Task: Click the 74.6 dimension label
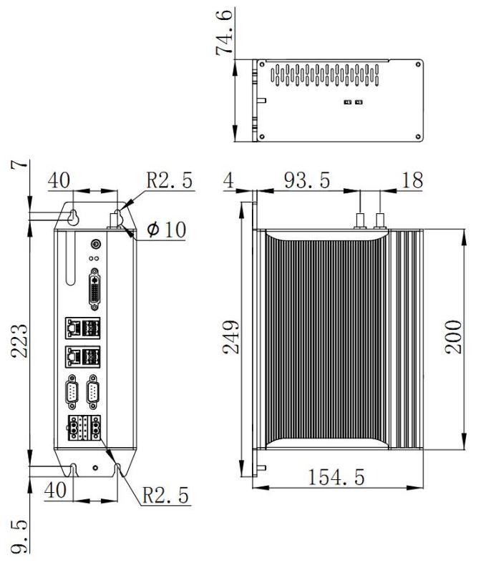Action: point(224,33)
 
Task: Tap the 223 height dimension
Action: point(19,341)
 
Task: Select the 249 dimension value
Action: point(230,337)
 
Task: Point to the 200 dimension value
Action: point(453,337)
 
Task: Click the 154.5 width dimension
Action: point(336,477)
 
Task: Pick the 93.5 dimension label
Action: point(307,180)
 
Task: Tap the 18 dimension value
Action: point(412,180)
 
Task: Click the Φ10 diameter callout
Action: point(166,230)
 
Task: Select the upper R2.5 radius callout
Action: point(169,180)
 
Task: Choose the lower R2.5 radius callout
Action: point(165,496)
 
